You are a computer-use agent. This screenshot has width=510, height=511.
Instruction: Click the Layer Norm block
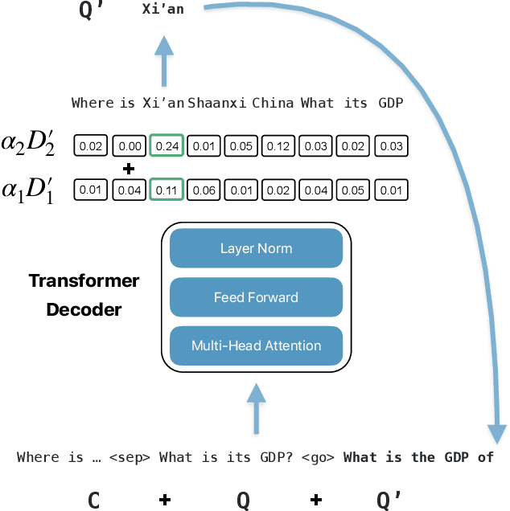(256, 249)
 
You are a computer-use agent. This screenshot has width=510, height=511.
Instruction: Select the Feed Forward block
(256, 297)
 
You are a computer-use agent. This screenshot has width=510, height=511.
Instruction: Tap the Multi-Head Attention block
(256, 346)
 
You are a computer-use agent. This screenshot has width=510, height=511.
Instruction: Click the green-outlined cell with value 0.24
(167, 145)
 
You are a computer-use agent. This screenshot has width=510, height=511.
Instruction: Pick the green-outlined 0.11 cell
(167, 190)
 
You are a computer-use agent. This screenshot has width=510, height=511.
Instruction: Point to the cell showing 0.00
(130, 145)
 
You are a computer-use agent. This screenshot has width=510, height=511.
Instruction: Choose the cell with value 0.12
(278, 145)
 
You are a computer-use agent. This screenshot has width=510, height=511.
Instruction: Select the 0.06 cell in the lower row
(204, 190)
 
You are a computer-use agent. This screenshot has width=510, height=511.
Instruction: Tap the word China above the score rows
(273, 103)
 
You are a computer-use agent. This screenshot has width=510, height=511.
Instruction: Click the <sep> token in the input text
(132, 457)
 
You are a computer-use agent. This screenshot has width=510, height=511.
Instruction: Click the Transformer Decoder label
(84, 295)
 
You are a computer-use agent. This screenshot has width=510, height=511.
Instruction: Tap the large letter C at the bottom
(93, 500)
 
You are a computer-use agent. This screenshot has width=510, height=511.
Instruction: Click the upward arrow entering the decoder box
(256, 406)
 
